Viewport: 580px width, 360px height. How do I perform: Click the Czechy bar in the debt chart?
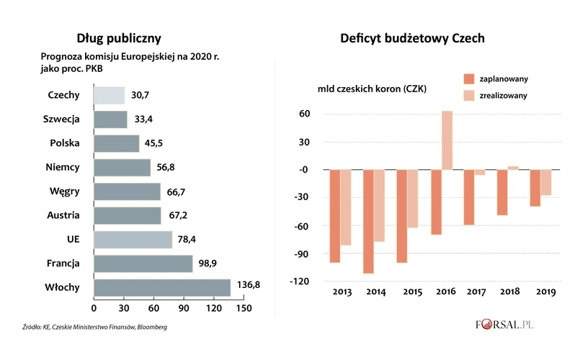click(x=109, y=95)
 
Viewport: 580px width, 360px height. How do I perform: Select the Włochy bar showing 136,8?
click(x=162, y=287)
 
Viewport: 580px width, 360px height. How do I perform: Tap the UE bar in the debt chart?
click(x=133, y=239)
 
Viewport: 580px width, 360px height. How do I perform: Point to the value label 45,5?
click(x=154, y=143)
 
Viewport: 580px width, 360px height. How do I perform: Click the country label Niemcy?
click(x=62, y=167)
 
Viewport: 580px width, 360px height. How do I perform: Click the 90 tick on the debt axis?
click(x=184, y=308)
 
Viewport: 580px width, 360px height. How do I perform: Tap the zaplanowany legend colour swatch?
click(x=468, y=78)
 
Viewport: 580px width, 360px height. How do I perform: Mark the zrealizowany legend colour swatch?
click(x=468, y=95)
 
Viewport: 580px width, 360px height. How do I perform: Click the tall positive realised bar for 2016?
click(x=447, y=140)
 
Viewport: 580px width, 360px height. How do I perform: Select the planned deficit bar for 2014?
click(x=368, y=221)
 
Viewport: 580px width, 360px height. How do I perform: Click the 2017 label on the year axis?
click(x=474, y=292)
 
